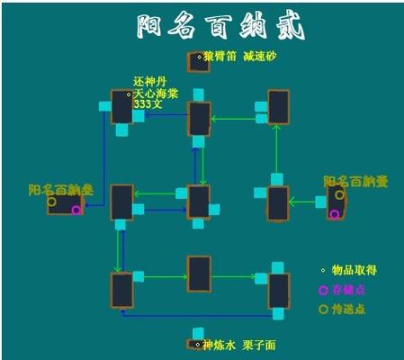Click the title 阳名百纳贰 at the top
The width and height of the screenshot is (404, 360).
[x=220, y=26]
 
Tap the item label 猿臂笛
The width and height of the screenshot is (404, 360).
[x=220, y=56]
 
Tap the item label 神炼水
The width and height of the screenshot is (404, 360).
[x=220, y=344]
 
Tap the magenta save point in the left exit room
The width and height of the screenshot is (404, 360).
[x=76, y=210]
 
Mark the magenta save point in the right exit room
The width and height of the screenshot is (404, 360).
[x=335, y=213]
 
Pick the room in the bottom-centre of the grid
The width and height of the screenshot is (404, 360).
[x=199, y=274]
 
